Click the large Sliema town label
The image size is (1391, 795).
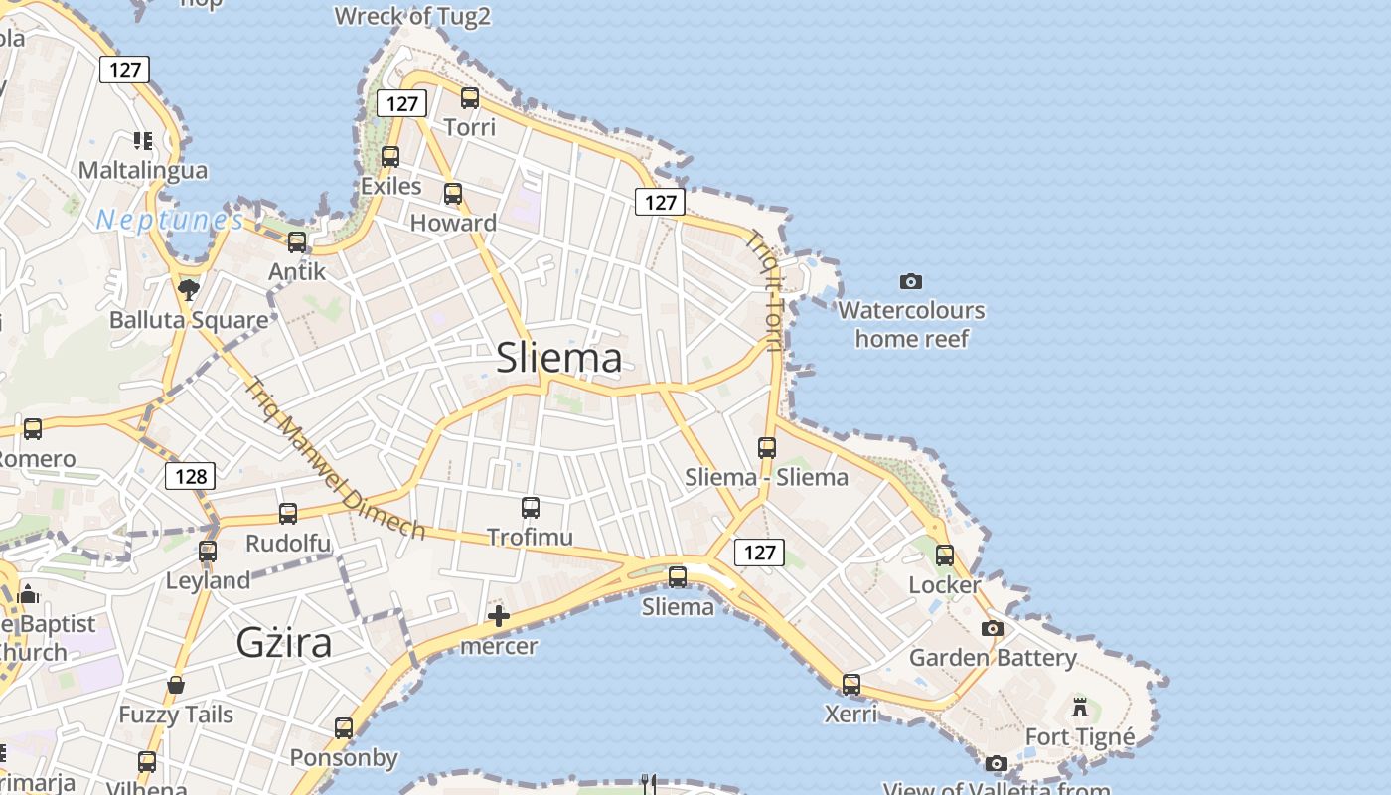tap(558, 358)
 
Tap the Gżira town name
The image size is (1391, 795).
tap(284, 643)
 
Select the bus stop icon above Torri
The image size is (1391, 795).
tap(470, 98)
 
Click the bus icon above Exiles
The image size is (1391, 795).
tap(390, 157)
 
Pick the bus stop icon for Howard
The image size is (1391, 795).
tap(453, 194)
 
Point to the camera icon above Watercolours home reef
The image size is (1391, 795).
tap(910, 282)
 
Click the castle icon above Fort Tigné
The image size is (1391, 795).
tap(1080, 708)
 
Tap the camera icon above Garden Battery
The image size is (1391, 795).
tap(992, 628)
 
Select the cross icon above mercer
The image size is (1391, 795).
tap(499, 617)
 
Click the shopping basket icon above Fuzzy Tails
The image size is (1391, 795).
tap(176, 685)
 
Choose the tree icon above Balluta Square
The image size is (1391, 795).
tap(189, 290)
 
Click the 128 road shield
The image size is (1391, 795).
tap(190, 476)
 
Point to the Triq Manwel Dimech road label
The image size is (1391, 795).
tap(335, 459)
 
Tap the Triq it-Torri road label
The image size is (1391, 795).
tap(767, 290)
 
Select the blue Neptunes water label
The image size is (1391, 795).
tap(170, 220)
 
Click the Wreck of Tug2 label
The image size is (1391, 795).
tap(412, 16)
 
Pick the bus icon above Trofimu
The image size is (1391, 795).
tap(531, 508)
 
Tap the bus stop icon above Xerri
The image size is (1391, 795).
tap(851, 685)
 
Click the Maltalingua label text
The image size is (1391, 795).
tap(143, 170)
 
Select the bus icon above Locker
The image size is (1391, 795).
tap(945, 556)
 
